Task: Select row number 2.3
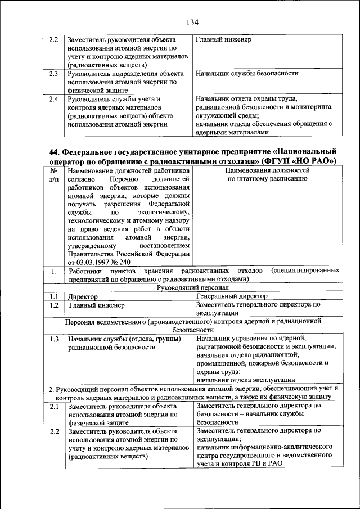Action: [x=53, y=73]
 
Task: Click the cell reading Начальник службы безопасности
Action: [x=246, y=73]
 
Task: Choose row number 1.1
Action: [x=53, y=296]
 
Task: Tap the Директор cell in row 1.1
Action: [x=82, y=296]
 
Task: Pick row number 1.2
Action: [x=53, y=305]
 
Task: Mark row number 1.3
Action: [x=53, y=339]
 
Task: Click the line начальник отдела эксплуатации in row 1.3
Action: [x=242, y=380]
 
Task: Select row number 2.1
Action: [x=53, y=406]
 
